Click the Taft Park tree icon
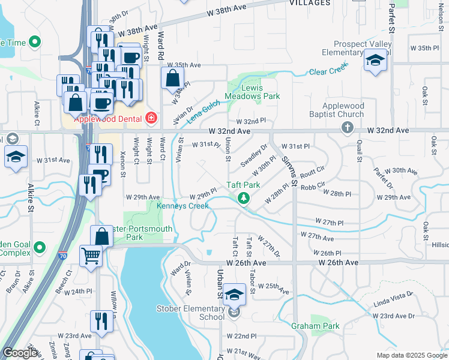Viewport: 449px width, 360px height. (243, 199)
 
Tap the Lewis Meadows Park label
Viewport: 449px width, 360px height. (252, 92)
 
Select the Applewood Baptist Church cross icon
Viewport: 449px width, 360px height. (347, 127)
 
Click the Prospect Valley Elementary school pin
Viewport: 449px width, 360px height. (375, 61)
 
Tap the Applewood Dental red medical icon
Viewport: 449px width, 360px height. (151, 118)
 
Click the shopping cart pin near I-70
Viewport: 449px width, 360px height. (91, 257)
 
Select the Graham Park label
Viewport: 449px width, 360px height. (315, 326)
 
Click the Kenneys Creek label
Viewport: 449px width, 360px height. (182, 206)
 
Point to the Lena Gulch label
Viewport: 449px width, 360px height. (203, 112)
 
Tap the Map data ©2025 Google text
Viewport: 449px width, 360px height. (411, 355)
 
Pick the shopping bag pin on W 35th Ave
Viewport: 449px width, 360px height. (172, 79)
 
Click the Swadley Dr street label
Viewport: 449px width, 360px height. (254, 155)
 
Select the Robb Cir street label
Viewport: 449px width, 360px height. (313, 186)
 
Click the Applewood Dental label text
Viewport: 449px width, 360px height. (107, 119)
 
